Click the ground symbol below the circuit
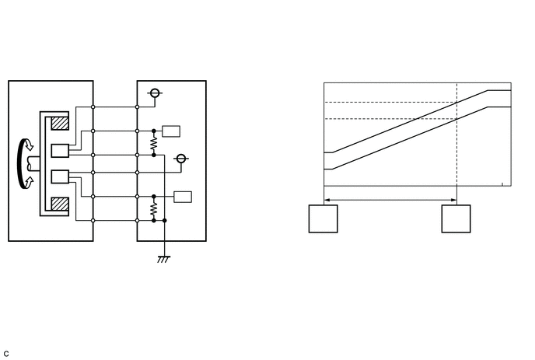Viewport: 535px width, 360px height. [165, 259]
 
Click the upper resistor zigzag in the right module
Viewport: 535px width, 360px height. [154, 143]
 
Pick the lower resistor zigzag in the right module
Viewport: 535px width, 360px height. [154, 208]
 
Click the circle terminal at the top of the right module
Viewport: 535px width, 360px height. [155, 94]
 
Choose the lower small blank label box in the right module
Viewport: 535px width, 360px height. [183, 196]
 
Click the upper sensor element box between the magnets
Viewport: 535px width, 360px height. [59, 151]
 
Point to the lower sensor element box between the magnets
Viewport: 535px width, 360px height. [59, 177]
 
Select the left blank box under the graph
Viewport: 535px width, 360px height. [323, 218]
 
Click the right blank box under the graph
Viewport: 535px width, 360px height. [456, 218]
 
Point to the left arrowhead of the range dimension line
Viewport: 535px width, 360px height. [326, 200]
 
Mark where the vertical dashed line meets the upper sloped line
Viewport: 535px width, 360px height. [456, 102]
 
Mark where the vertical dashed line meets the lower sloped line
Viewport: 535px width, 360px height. [456, 118]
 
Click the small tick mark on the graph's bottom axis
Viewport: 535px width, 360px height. [503, 184]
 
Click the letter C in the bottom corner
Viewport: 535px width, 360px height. [6, 354]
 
